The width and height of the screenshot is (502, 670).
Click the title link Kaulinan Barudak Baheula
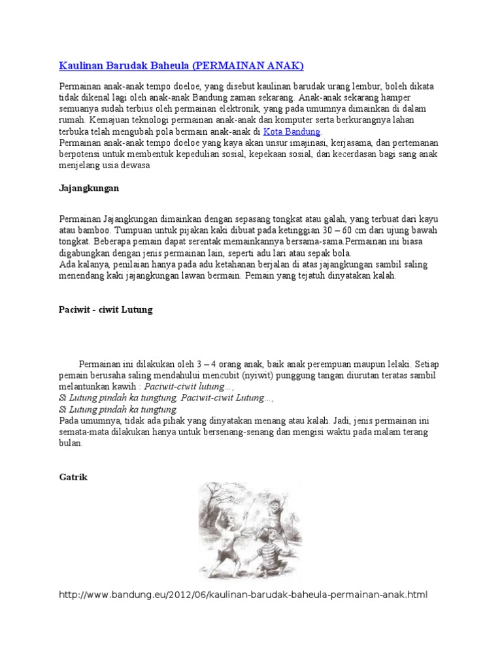coord(124,65)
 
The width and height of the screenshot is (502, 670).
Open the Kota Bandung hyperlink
coord(292,132)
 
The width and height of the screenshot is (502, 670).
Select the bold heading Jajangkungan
coord(89,188)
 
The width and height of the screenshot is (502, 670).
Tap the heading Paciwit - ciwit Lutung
coord(105,309)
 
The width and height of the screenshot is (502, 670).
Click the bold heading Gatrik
coord(73,477)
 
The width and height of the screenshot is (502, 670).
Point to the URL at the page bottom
coord(243,595)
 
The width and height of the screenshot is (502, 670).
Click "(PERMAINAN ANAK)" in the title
coord(249,65)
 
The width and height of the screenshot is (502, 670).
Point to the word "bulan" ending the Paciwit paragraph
coord(71,443)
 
